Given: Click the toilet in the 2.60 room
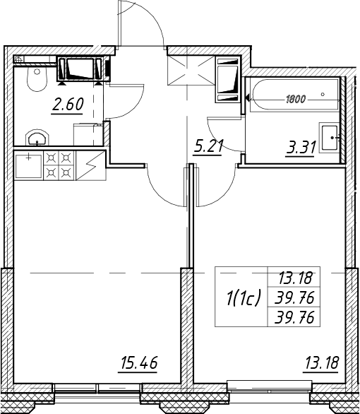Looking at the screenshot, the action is tap(37, 78).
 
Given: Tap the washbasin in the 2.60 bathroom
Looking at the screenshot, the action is tap(37, 137).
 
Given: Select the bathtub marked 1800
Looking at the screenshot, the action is tap(294, 95).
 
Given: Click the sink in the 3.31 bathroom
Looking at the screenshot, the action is tap(329, 138).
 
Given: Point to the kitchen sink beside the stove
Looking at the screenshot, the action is tap(28, 165).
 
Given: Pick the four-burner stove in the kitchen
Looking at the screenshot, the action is tap(59, 165).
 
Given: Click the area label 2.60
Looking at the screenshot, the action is tap(68, 105).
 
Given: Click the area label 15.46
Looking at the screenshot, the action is tap(138, 364).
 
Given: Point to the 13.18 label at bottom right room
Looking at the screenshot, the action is tap(321, 364).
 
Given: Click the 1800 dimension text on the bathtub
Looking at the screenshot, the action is tap(295, 100).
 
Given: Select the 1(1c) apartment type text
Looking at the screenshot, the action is tap(243, 297).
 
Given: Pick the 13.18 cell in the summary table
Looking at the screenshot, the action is tap(295, 278).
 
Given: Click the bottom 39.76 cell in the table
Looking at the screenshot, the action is tap(294, 317).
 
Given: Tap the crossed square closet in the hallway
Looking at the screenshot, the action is tap(191, 70).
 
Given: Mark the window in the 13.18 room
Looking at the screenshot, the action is tap(269, 386).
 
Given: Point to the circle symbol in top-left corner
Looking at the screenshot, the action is tap(19, 60).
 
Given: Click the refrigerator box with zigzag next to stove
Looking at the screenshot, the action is tap(91, 165).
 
